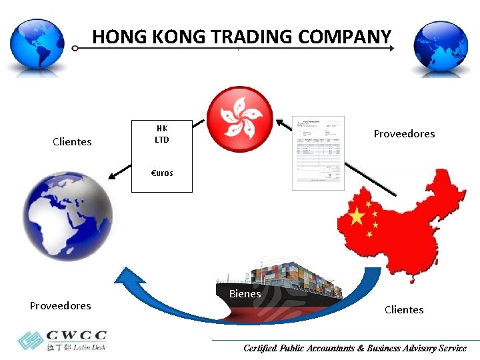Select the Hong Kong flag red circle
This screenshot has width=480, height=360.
[240, 116]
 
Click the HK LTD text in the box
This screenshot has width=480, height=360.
[162, 134]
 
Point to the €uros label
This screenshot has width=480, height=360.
[162, 173]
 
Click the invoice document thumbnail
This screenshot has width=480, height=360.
[319, 153]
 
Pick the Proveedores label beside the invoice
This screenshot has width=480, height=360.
[404, 133]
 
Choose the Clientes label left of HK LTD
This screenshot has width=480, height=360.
[72, 141]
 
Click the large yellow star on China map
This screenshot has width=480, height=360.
[357, 216]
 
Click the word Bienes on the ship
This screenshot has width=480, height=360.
[245, 293]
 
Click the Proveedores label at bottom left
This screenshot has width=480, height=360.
[60, 305]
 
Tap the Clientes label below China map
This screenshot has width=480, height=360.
[404, 309]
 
